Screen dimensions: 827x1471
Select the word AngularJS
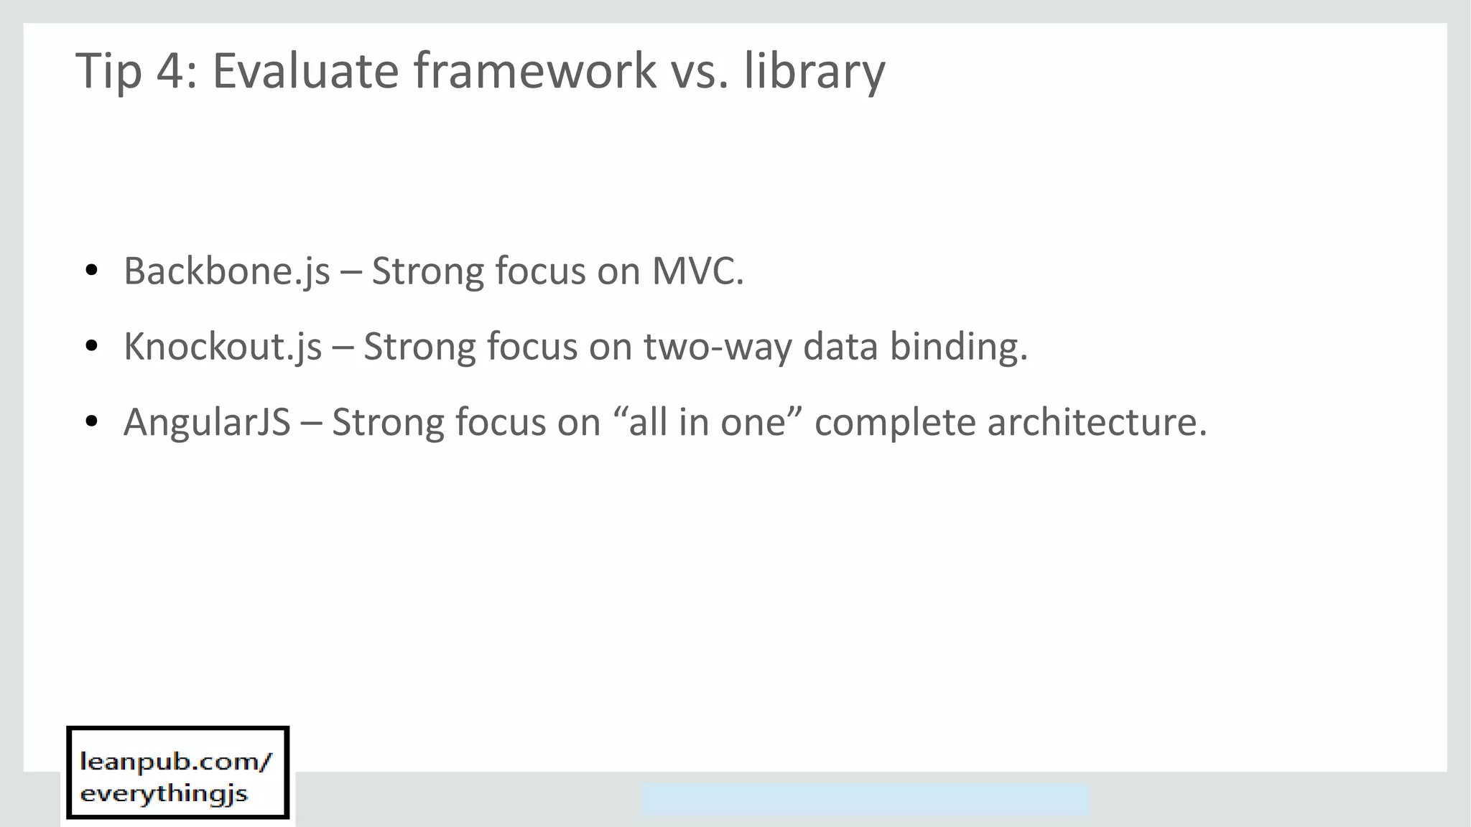coord(207,423)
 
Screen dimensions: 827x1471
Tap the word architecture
coord(1097,423)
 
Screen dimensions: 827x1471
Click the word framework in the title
coord(534,72)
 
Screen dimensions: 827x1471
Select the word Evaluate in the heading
coord(305,72)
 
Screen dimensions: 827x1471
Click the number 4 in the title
coord(170,72)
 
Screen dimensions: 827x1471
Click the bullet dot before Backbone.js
coord(91,271)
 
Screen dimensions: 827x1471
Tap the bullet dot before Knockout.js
coord(91,347)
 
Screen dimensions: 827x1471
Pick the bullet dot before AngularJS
coord(91,422)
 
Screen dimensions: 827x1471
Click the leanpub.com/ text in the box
coord(176,762)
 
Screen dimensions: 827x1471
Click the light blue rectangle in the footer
coord(865,799)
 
